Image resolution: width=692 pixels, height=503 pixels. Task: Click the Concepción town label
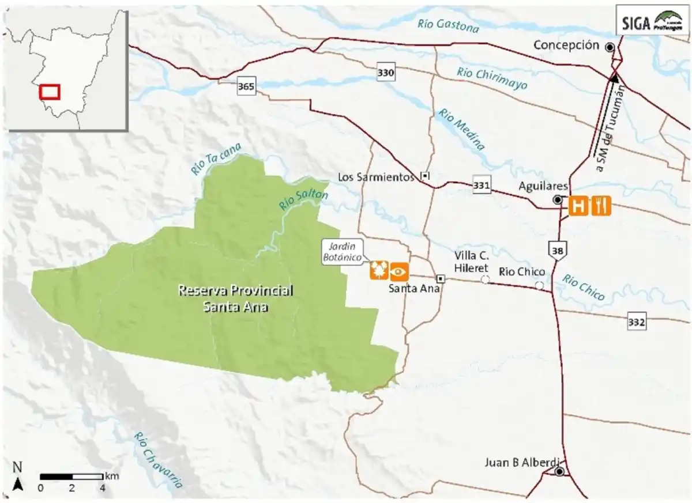click(x=566, y=46)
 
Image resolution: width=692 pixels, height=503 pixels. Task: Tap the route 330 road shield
click(x=386, y=73)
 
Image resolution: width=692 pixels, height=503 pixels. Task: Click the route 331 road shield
click(x=482, y=186)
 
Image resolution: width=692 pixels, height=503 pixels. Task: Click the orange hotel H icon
click(x=578, y=206)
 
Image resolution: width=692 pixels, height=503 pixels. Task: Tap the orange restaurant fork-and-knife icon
click(x=600, y=206)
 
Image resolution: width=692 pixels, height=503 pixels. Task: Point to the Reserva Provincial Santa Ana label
click(x=235, y=298)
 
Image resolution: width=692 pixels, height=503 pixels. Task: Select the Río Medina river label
click(x=461, y=128)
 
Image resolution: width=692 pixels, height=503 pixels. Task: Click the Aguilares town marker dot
click(x=558, y=199)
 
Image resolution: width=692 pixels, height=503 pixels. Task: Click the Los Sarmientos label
click(x=377, y=177)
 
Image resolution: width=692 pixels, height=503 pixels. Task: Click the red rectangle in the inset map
click(x=50, y=91)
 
